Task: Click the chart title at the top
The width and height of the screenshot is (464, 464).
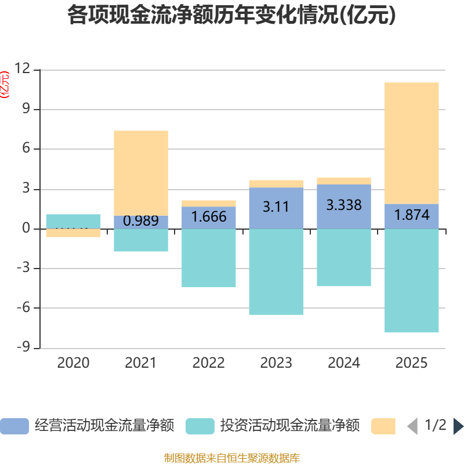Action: click(x=232, y=16)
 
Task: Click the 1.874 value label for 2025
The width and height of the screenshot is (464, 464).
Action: click(x=412, y=215)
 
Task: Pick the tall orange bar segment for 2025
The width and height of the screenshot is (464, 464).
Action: click(x=412, y=143)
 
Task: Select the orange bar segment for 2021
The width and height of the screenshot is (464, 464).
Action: click(x=141, y=173)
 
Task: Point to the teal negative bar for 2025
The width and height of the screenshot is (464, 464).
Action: click(x=412, y=281)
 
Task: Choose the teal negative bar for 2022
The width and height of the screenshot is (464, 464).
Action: click(x=209, y=258)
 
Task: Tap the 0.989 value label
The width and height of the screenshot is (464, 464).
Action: click(x=141, y=221)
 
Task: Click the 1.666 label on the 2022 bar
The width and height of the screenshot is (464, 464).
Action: click(x=209, y=216)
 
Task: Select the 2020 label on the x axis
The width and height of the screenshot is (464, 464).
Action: click(x=73, y=363)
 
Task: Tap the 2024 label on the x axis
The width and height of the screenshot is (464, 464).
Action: click(x=344, y=363)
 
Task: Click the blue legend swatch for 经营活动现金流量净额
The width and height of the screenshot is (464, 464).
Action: click(x=14, y=426)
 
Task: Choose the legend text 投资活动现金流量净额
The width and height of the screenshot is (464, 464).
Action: click(x=290, y=426)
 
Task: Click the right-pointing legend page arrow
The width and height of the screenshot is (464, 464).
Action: click(x=458, y=426)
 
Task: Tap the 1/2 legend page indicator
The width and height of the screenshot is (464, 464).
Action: click(x=436, y=425)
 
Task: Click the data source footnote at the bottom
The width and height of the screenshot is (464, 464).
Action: click(x=232, y=458)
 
